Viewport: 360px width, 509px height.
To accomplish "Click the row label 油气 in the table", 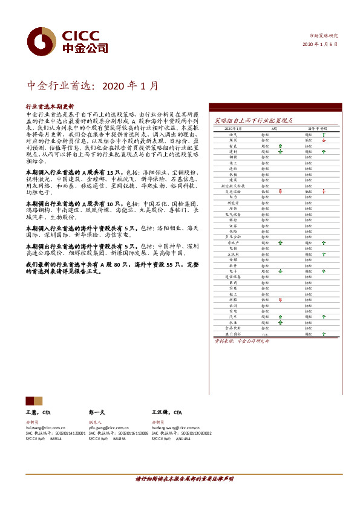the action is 233,135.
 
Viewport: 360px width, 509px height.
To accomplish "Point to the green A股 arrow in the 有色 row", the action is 280,146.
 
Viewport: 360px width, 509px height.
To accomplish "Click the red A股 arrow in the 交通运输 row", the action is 280,191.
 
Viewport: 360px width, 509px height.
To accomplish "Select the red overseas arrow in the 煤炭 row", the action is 324,140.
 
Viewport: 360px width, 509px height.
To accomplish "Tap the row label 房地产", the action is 233,242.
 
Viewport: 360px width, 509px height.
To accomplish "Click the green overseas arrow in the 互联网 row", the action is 324,253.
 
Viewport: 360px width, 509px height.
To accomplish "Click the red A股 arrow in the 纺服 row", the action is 280,299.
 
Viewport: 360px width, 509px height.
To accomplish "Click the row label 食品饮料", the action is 233,328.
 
